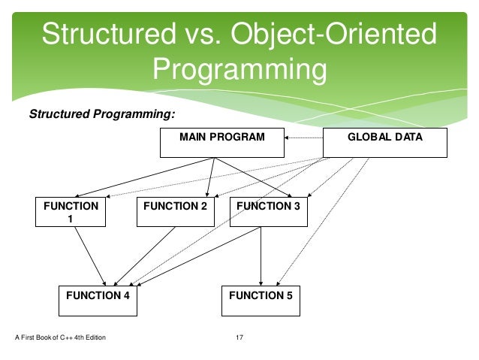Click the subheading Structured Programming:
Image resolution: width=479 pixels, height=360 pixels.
[x=101, y=114]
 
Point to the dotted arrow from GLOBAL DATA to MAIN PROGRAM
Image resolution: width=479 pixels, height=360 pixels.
[x=303, y=138]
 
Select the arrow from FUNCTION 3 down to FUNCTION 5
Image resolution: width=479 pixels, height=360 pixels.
[x=261, y=256]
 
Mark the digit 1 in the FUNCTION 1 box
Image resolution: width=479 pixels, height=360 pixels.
[x=71, y=219]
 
